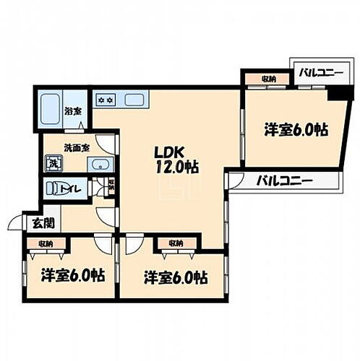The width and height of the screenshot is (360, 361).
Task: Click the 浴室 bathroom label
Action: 72,111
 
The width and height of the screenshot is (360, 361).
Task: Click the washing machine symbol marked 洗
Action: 54,163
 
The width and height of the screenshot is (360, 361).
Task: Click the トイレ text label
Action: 77,189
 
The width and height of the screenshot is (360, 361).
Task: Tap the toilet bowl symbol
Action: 55,189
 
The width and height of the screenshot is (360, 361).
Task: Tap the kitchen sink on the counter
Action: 134,99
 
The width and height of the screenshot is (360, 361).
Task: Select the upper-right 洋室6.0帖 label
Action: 296,131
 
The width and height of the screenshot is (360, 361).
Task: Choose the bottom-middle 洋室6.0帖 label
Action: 176,277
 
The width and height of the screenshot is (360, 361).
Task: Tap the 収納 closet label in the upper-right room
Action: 268,79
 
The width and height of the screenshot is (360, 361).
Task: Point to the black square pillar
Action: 335,94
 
